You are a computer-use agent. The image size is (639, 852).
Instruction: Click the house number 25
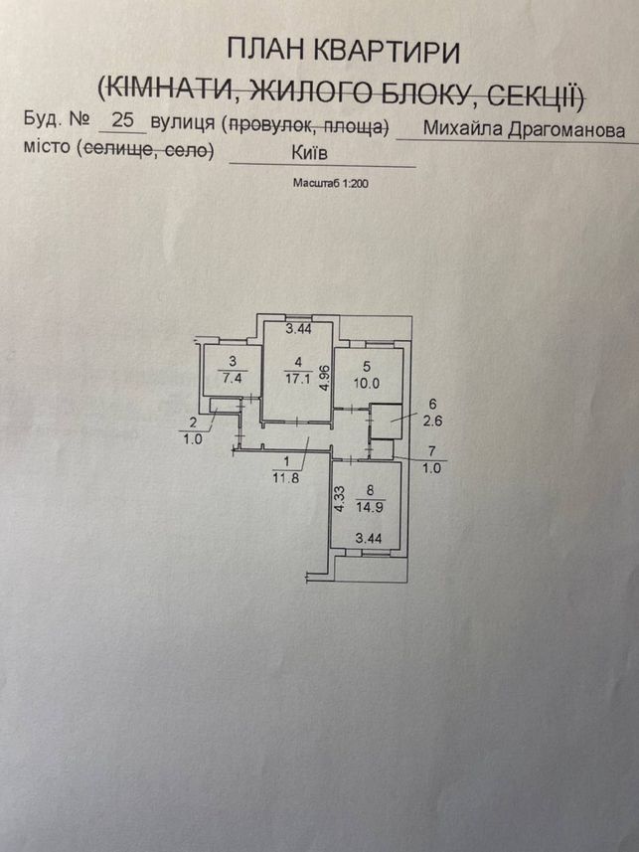pos(122,119)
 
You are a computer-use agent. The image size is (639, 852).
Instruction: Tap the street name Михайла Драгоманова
pos(524,130)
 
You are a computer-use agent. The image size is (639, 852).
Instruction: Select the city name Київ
pos(309,153)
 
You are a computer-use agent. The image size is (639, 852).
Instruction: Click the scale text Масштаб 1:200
pos(330,183)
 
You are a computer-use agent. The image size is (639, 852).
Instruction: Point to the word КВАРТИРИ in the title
pos(388,52)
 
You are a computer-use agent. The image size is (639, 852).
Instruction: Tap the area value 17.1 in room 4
pos(298,378)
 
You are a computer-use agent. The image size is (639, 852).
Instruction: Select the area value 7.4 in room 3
pos(232,378)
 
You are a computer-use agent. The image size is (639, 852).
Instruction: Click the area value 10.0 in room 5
pos(367,383)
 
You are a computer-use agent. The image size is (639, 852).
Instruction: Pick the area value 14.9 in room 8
pos(370,507)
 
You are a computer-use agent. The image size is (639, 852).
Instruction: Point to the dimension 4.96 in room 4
pos(324,378)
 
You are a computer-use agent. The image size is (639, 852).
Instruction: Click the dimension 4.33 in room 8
pos(340,499)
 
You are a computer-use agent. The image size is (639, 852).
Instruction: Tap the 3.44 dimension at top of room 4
pos(299,328)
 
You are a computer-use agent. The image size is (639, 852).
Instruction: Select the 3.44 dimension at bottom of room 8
pos(369,539)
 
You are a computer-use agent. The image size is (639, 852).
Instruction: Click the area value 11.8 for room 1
pos(286,478)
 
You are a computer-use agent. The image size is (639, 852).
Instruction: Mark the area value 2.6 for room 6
pos(432,420)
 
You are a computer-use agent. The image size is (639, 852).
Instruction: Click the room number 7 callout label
pos(432,450)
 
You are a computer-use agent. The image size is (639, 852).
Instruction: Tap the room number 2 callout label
pos(193,423)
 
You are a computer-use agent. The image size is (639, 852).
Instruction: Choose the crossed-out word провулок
pos(270,125)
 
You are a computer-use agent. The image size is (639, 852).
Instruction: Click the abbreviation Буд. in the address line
pos(43,119)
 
